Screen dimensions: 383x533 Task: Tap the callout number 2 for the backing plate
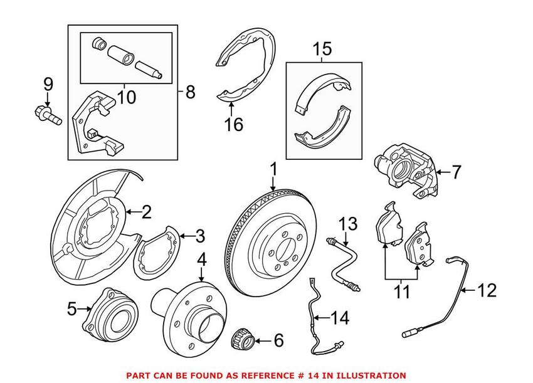[147, 212]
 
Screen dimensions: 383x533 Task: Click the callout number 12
[487, 290]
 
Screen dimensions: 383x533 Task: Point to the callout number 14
[339, 318]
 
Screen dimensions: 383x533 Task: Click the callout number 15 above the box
[322, 48]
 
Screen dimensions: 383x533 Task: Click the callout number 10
[126, 97]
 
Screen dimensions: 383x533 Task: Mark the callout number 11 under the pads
[401, 292]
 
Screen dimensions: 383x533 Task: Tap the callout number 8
[189, 92]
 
